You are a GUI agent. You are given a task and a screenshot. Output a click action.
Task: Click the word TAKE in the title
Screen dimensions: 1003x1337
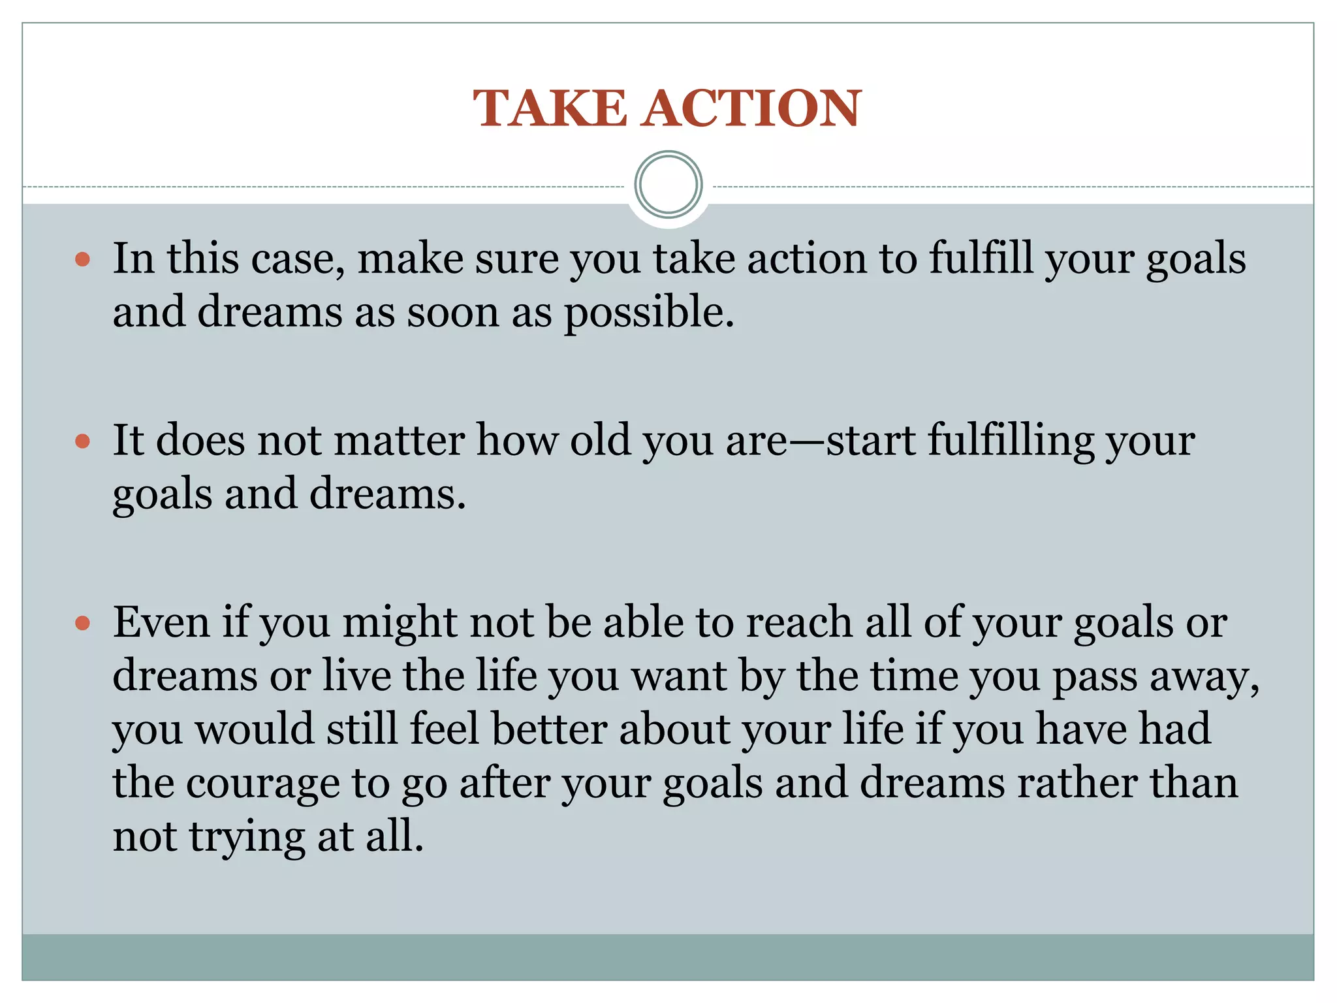click(x=550, y=108)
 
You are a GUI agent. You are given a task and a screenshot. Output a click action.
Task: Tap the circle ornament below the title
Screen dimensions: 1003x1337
click(x=668, y=185)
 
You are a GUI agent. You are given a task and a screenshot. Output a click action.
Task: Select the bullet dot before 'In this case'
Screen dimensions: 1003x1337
click(x=82, y=260)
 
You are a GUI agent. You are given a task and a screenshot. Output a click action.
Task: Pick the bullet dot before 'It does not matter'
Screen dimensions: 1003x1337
click(x=82, y=441)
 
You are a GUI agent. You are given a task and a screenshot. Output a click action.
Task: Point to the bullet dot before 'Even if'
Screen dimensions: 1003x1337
click(x=82, y=623)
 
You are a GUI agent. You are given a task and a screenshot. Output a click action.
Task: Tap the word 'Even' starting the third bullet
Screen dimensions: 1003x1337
click(x=161, y=622)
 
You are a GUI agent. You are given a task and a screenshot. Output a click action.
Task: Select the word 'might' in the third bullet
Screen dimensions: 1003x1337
click(x=400, y=623)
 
